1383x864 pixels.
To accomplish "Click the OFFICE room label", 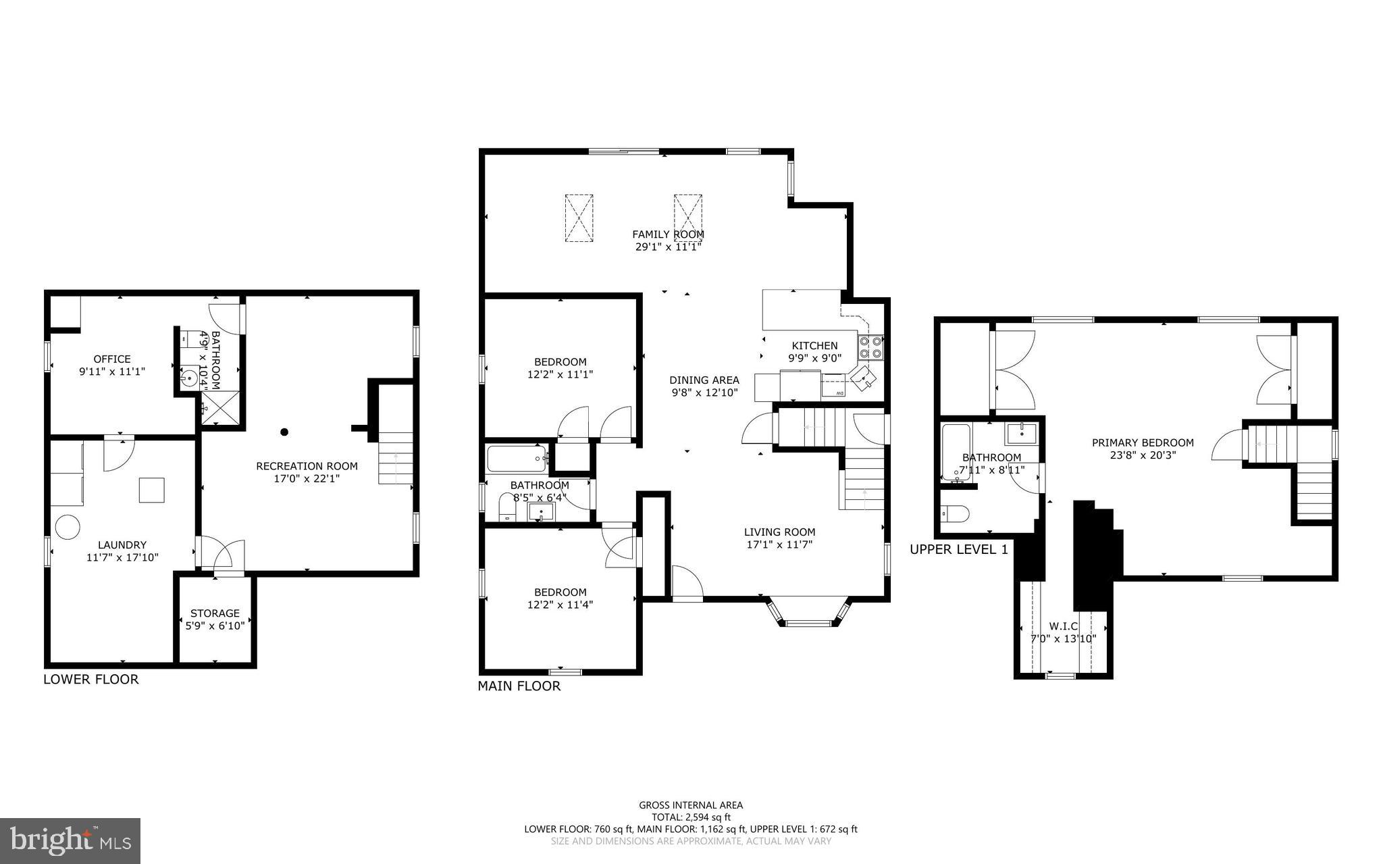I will coord(112,359).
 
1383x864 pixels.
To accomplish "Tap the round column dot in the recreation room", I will coord(284,432).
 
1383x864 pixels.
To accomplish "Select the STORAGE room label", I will coord(215,613).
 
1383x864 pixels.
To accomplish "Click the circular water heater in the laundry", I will coord(68,527).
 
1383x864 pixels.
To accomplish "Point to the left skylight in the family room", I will coord(579,218).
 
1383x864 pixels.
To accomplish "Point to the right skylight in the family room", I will coord(687,218).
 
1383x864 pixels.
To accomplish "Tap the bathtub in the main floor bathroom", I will coord(517,459).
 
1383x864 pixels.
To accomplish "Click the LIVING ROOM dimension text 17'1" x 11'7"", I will coord(779,544).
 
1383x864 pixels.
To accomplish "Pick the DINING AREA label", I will coord(704,380).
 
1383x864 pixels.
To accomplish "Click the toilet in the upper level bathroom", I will coord(955,514).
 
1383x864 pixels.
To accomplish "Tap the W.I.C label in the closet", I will coord(1063,626).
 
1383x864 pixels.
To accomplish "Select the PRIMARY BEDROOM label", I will coord(1143,443).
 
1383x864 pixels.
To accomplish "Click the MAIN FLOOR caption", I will coord(519,686).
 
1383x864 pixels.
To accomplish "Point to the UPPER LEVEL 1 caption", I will coord(958,550).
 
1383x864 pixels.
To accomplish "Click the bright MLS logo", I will coord(70,840).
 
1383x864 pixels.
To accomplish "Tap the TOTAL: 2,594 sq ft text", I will coord(691,817).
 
